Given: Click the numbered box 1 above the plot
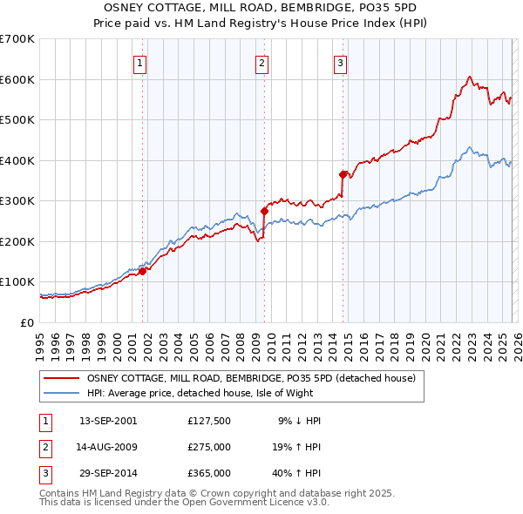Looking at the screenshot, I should pyautogui.click(x=140, y=62).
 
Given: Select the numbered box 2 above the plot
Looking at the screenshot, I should pyautogui.click(x=261, y=62).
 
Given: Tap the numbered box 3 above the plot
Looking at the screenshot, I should pyautogui.click(x=340, y=62).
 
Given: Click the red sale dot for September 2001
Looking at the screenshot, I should pyautogui.click(x=142, y=271).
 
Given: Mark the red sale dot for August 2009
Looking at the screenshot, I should pyautogui.click(x=264, y=210).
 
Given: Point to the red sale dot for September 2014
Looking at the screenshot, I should pyautogui.click(x=343, y=173).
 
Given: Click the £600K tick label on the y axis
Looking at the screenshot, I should pyautogui.click(x=17, y=79).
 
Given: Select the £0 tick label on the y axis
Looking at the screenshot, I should pyautogui.click(x=27, y=322).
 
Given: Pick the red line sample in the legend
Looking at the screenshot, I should pyautogui.click(x=63, y=378).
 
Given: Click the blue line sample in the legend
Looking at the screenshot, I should pyautogui.click(x=63, y=393).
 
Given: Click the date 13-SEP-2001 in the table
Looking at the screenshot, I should pyautogui.click(x=108, y=421).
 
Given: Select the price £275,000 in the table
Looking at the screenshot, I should pyautogui.click(x=209, y=447).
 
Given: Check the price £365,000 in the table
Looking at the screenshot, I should pyautogui.click(x=209, y=473).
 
